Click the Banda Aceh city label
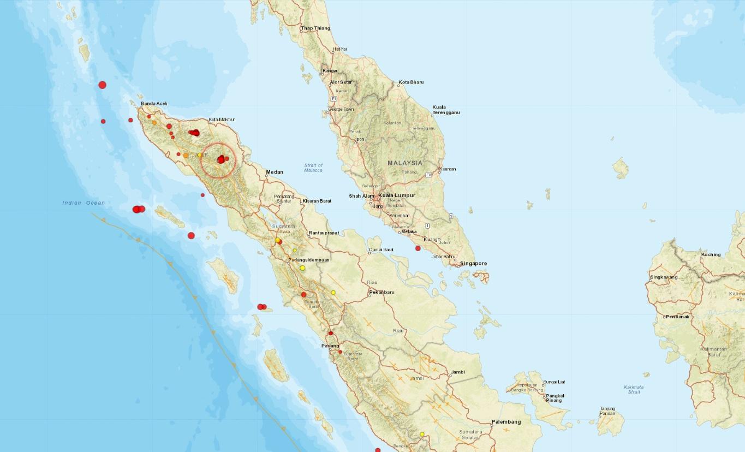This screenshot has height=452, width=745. (x=154, y=103)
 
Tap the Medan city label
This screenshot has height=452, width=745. (x=275, y=172)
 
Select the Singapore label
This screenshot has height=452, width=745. (x=473, y=263)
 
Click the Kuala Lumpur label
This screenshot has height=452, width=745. (x=397, y=195)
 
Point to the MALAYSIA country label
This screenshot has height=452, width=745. (x=405, y=163)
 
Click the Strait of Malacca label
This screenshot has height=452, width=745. (x=313, y=168)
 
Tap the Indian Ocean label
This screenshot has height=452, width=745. (x=83, y=203)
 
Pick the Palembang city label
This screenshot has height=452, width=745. (x=506, y=421)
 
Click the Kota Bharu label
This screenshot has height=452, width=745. (x=412, y=82)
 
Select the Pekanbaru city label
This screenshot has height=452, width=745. (x=382, y=292)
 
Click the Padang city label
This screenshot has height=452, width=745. (x=330, y=346)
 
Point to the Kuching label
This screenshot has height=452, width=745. (x=711, y=254)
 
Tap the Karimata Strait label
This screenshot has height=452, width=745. (x=634, y=389)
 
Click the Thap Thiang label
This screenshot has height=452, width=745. (x=316, y=28)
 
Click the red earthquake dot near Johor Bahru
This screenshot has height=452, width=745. (x=418, y=248)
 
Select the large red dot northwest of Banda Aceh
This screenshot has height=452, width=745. (x=102, y=85)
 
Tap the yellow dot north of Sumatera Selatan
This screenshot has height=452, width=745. (x=422, y=434)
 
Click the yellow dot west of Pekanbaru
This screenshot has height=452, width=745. (x=333, y=293)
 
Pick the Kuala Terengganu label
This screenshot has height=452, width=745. (x=446, y=110)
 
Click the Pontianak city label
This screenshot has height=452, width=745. (x=677, y=317)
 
